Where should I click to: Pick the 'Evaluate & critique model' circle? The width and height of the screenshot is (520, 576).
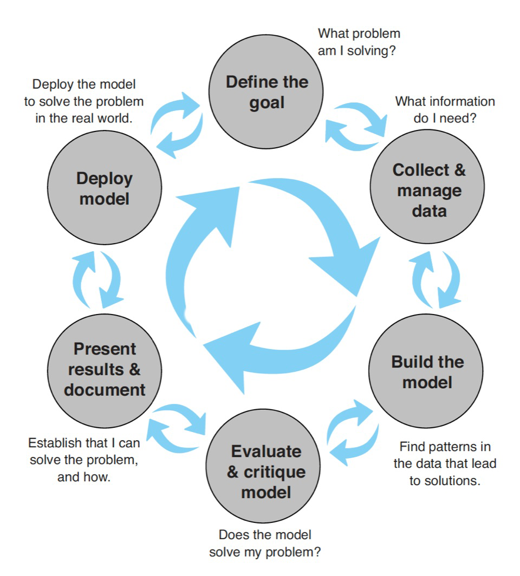click(266, 471)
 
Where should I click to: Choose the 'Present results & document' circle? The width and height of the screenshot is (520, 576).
click(105, 369)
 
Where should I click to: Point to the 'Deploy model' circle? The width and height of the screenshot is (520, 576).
click(105, 188)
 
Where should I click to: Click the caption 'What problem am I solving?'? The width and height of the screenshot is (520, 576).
click(359, 42)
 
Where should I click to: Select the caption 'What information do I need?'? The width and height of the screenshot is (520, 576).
click(445, 109)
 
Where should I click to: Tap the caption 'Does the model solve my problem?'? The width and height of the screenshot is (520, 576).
click(265, 543)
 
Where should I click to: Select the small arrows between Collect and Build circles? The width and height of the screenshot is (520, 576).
click(437, 280)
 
